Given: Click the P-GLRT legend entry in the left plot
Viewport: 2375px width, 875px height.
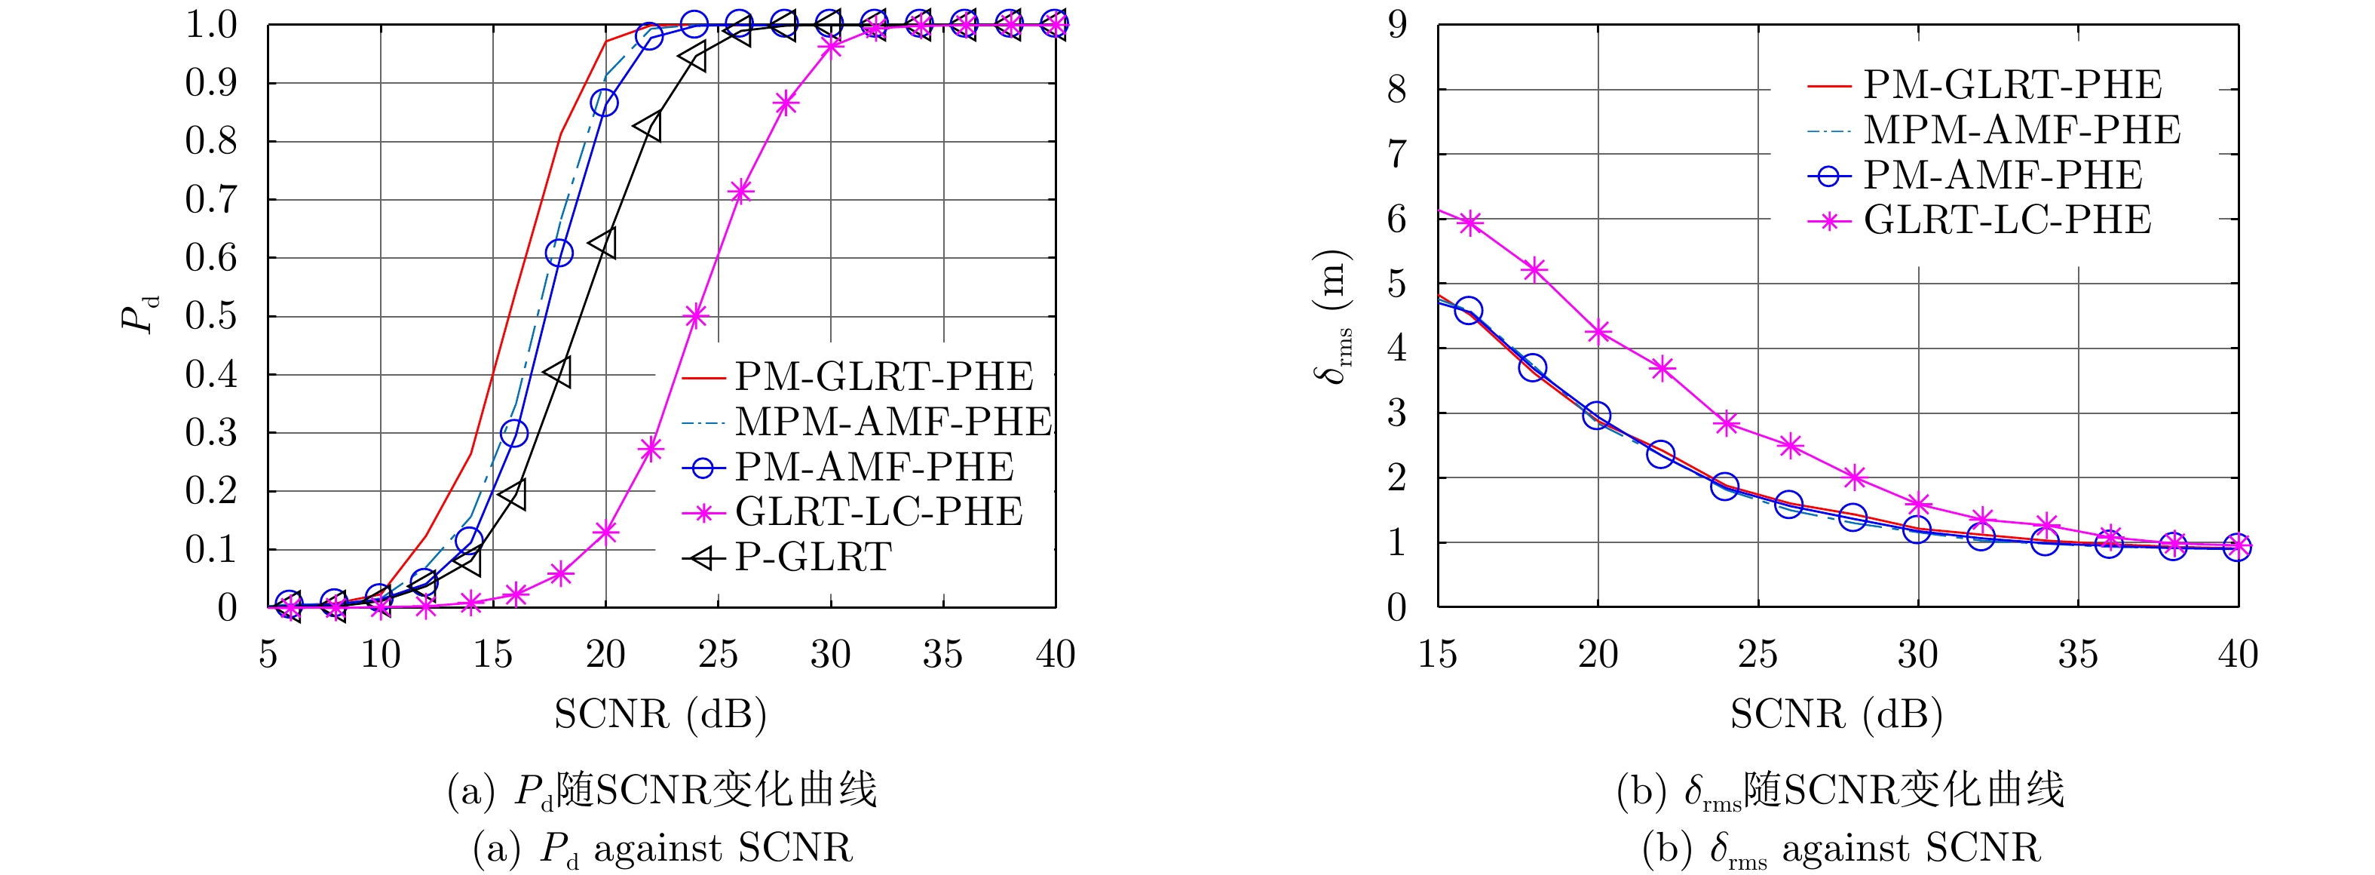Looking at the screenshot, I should click(x=812, y=557).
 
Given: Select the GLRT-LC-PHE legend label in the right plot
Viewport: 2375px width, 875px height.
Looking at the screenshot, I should click(x=2007, y=220).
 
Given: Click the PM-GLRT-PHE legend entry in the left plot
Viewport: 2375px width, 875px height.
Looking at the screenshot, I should click(x=883, y=377).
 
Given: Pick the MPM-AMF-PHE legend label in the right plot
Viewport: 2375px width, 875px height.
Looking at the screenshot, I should click(x=2021, y=130).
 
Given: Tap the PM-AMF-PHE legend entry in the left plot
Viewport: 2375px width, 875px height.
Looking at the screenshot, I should click(x=873, y=468).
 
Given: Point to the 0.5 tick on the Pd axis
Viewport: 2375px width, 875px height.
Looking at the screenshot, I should click(x=211, y=316).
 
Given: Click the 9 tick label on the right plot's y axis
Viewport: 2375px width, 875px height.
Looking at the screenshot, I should click(x=1398, y=25).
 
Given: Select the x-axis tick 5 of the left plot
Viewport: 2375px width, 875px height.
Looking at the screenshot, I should click(x=268, y=655).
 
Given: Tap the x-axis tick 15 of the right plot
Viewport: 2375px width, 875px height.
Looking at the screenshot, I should click(x=1437, y=655).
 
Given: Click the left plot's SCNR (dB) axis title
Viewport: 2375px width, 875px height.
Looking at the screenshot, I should click(x=660, y=714).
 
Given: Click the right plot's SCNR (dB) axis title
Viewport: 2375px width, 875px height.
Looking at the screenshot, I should click(x=1836, y=714).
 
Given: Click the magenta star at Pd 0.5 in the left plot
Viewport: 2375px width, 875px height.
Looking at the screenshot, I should click(x=696, y=316).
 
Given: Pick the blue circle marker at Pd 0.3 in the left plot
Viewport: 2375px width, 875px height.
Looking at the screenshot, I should click(x=514, y=433).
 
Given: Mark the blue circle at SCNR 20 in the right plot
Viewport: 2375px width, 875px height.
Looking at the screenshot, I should click(x=1598, y=415).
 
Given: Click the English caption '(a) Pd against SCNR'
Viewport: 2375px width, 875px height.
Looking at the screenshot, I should click(x=662, y=849).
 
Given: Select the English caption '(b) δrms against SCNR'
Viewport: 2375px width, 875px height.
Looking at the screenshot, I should click(x=1841, y=849).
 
